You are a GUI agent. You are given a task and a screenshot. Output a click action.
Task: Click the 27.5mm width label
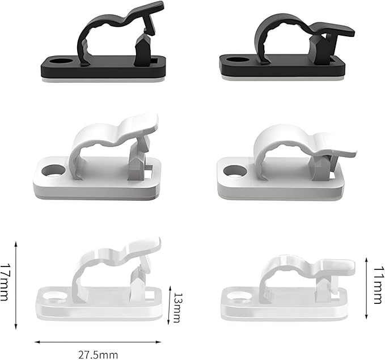(98, 355)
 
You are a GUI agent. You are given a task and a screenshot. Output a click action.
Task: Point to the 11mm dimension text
(378, 285)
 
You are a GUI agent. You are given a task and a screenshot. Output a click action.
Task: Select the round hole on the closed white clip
(235, 171)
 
